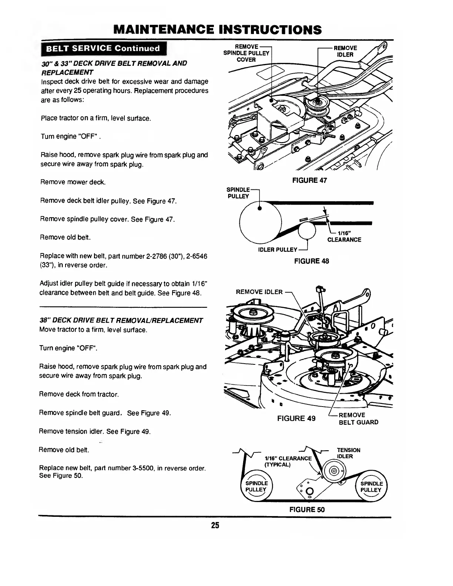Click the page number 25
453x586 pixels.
tap(215, 525)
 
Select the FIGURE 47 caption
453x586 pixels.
tap(309, 180)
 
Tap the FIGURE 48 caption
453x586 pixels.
tap(311, 261)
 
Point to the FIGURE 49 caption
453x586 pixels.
tap(296, 418)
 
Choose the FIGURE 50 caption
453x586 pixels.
tap(307, 509)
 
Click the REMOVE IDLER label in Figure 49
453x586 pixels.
tap(259, 292)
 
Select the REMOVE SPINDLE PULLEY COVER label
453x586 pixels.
tap(246, 53)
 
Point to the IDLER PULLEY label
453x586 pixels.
tap(278, 250)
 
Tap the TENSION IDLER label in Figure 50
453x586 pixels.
tap(348, 453)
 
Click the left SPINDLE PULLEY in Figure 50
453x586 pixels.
tap(256, 486)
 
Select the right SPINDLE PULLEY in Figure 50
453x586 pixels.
tap(371, 486)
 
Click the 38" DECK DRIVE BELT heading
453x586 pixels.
tap(121, 320)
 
